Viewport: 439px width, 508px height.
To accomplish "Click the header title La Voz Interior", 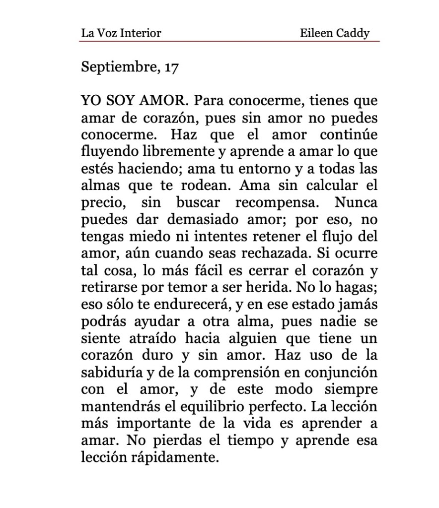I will [x=121, y=34].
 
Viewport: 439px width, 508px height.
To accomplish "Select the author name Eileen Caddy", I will [x=335, y=34].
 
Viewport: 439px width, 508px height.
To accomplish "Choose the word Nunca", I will [x=356, y=203].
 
